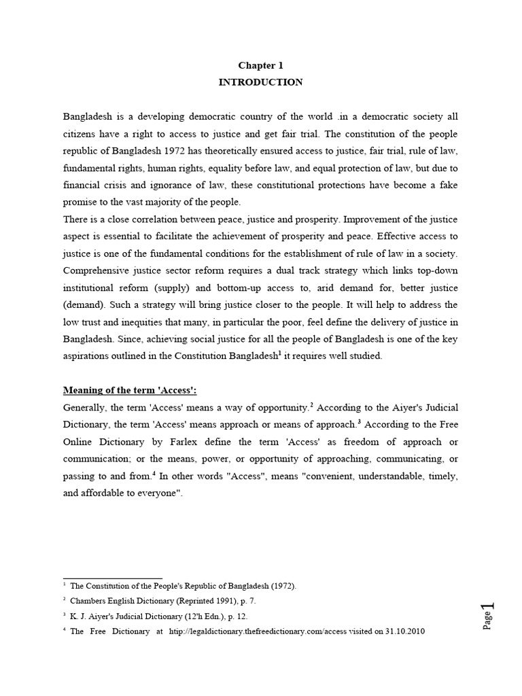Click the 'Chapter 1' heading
pos(260,66)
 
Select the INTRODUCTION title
pos(260,82)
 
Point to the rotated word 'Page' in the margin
pos(487,621)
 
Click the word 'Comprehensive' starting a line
pos(97,272)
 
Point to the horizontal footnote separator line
pos(112,578)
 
